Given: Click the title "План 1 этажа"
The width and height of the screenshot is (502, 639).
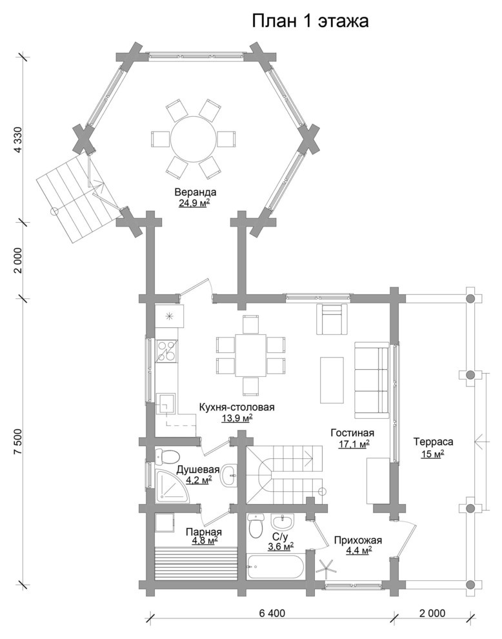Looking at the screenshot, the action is [x=310, y=21].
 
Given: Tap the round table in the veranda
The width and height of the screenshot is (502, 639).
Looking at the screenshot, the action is [x=194, y=139].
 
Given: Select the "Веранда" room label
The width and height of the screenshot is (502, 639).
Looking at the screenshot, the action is [x=196, y=192].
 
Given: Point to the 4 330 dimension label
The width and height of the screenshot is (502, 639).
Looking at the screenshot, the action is [x=17, y=139].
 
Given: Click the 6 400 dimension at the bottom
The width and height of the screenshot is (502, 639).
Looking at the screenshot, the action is [x=271, y=613].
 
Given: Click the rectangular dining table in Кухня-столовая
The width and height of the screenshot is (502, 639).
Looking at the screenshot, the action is [x=250, y=356].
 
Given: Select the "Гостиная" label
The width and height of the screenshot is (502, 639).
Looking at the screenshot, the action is [x=352, y=432].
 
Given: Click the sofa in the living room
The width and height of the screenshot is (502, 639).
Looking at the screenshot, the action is [x=371, y=380].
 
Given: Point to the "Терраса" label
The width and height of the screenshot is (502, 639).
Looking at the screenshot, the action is [x=433, y=441].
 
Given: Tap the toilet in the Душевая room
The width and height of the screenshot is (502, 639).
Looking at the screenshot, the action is [x=167, y=456].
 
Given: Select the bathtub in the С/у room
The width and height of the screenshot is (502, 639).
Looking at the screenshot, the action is [x=276, y=565].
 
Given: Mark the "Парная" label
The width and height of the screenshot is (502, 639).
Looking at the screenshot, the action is [x=204, y=532].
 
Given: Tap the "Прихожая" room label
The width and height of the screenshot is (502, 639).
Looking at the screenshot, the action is [x=357, y=540].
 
